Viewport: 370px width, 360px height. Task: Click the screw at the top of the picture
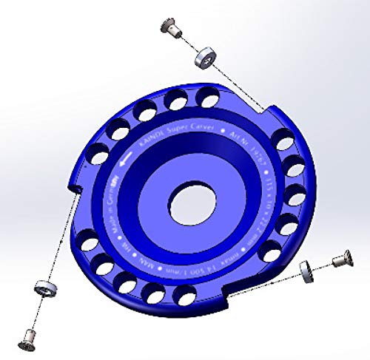(x=172, y=29)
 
